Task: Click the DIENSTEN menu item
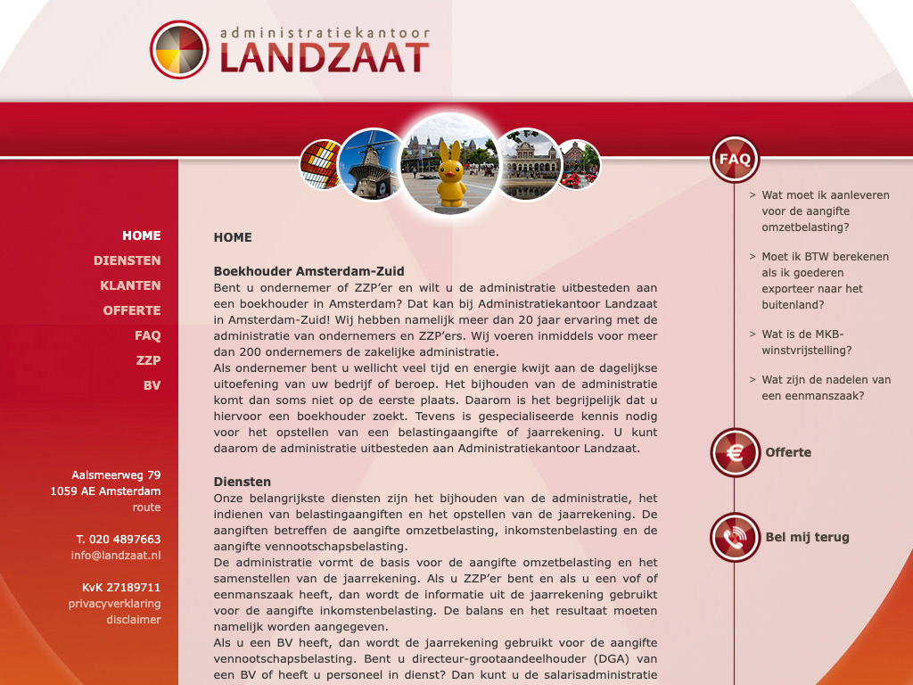click(127, 260)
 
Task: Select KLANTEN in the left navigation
click(130, 285)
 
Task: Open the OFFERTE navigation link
click(132, 310)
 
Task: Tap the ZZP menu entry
click(148, 360)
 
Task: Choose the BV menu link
click(152, 385)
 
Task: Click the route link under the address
click(146, 508)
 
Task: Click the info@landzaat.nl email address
click(116, 556)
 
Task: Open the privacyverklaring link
click(114, 604)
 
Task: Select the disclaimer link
click(134, 620)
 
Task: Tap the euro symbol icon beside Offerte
click(735, 452)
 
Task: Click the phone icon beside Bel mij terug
click(735, 537)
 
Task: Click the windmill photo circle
click(373, 164)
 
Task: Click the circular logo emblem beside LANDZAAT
click(179, 50)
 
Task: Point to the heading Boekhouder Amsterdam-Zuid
click(308, 271)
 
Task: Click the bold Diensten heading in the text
click(242, 482)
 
